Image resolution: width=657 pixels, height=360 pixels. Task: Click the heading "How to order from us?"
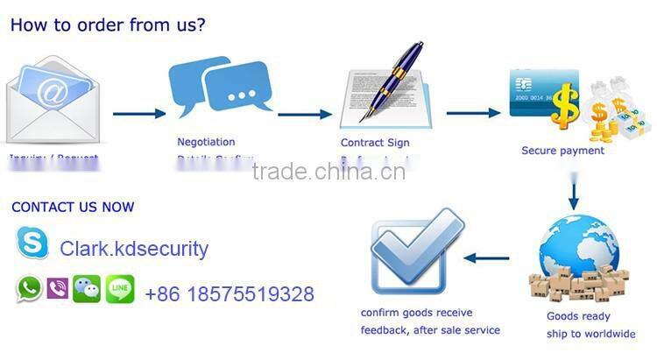point(108,24)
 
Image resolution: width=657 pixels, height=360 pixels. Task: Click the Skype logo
point(33,243)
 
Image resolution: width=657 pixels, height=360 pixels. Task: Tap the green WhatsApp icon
point(29,289)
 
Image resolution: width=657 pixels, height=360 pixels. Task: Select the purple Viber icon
point(57,289)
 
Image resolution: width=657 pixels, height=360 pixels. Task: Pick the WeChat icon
point(87,289)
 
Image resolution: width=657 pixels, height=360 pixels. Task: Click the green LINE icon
point(120,289)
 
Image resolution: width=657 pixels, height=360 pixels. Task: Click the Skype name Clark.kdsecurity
point(134,249)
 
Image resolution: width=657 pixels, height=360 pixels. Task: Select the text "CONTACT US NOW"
point(73,208)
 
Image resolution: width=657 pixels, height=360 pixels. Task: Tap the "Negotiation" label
point(206,142)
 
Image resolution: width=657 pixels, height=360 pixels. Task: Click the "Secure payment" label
point(562,151)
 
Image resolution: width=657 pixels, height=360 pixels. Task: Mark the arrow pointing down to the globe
point(574,192)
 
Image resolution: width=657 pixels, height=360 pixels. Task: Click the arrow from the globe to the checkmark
point(487,258)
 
